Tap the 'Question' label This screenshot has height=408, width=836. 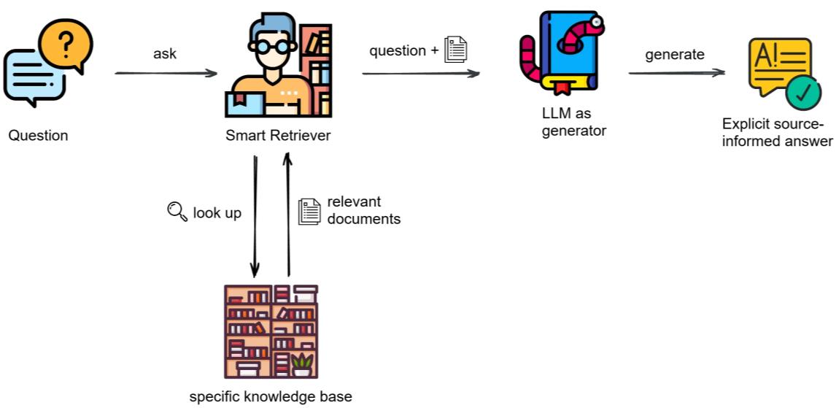point(38,135)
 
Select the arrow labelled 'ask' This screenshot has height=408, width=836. point(166,73)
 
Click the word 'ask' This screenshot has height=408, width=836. point(165,54)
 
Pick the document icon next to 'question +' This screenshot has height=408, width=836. point(456,50)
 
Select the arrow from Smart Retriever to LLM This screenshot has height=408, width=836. point(421,73)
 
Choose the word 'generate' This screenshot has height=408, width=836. point(675,54)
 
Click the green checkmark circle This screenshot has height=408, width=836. point(802,96)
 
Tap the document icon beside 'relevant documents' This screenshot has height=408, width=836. point(309,211)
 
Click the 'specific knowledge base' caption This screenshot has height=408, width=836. point(271,397)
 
